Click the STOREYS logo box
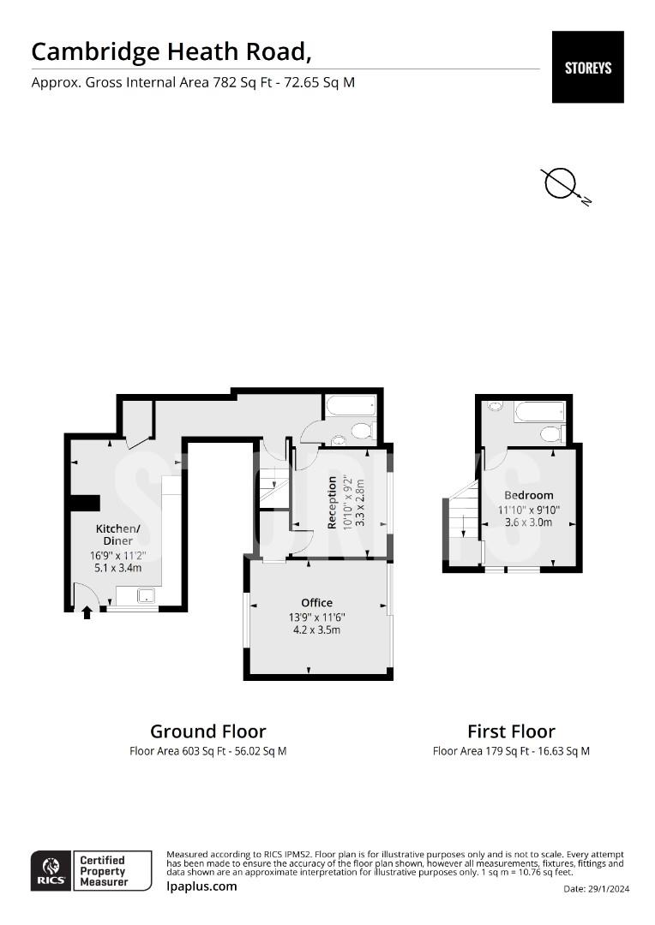pyautogui.click(x=587, y=68)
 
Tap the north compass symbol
pyautogui.click(x=565, y=186)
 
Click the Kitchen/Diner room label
pyautogui.click(x=118, y=534)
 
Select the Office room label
pyautogui.click(x=317, y=602)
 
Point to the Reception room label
pyautogui.click(x=332, y=503)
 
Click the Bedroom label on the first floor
pyautogui.click(x=529, y=495)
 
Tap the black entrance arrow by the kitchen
pyautogui.click(x=87, y=612)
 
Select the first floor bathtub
pyautogui.click(x=539, y=412)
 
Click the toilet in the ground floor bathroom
pyautogui.click(x=364, y=431)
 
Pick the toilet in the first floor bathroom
pyautogui.click(x=553, y=433)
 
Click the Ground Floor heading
pyautogui.click(x=207, y=731)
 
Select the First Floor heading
pyautogui.click(x=512, y=731)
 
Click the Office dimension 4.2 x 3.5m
pyautogui.click(x=317, y=630)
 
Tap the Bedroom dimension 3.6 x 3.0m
pyautogui.click(x=529, y=522)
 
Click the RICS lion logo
pyautogui.click(x=51, y=871)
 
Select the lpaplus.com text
pyautogui.click(x=202, y=886)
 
